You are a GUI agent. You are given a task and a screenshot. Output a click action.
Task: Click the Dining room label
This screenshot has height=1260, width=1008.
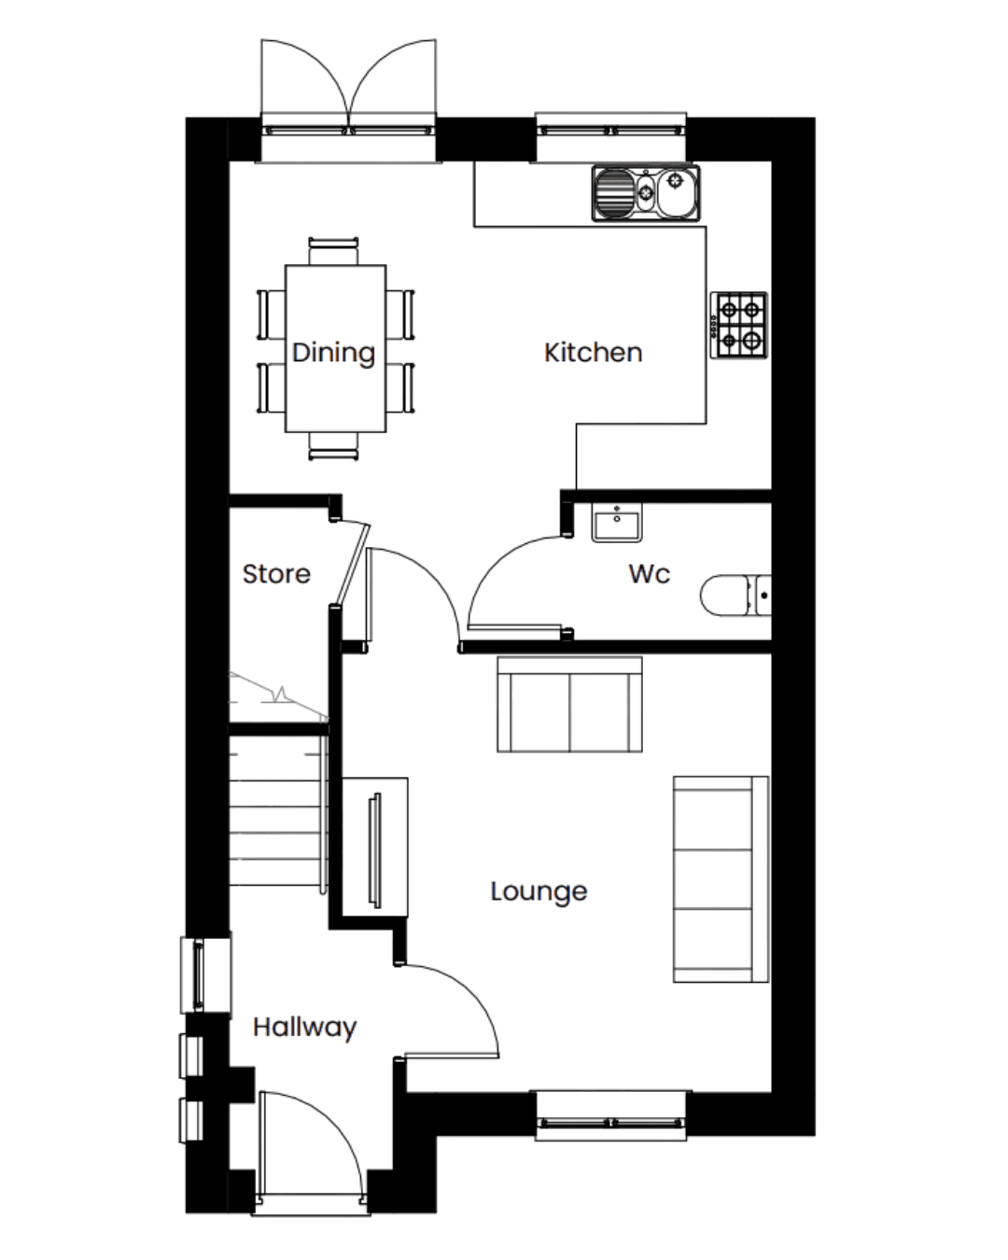point(333,353)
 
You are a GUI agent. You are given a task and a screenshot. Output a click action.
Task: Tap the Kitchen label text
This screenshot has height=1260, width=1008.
point(593,353)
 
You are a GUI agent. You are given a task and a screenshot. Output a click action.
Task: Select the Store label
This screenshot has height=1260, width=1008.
point(276,574)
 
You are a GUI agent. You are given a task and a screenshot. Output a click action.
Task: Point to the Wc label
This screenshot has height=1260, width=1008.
point(650,573)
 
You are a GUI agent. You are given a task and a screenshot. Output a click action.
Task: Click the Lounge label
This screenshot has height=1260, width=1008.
point(539,891)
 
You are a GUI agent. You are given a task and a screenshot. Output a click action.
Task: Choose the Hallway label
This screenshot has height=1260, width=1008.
point(305,1028)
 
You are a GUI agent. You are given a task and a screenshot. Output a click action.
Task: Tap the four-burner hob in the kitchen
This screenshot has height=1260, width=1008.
point(739,326)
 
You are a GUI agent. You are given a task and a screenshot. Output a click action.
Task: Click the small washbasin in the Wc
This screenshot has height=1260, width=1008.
point(616,522)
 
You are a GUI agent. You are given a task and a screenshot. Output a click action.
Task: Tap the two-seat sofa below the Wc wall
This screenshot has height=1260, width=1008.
point(569,705)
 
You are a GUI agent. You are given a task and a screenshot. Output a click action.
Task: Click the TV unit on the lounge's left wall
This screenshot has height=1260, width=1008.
point(375,847)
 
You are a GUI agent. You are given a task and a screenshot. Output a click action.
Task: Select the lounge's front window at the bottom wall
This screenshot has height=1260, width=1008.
point(612,1115)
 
